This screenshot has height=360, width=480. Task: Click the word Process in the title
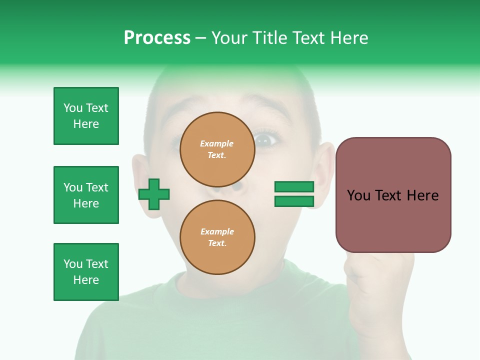157,38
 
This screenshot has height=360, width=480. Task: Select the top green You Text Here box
86,116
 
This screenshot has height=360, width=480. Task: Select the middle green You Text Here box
86,195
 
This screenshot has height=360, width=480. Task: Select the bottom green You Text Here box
86,272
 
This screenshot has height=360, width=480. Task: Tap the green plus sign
154,194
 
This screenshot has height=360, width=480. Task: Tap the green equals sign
294,194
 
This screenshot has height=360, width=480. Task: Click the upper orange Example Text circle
217,149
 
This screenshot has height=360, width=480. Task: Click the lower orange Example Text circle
217,237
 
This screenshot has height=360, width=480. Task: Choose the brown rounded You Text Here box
393,195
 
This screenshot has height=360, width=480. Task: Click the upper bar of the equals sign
294,187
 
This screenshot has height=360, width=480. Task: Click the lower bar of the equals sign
294,201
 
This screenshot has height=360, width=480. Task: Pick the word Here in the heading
348,38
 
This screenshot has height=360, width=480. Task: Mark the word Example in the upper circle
216,143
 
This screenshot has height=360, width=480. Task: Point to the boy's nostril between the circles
238,188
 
